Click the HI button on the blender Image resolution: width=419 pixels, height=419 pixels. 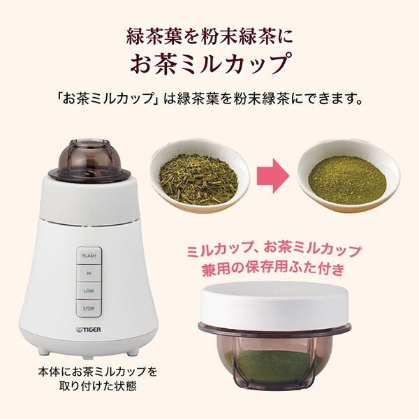click(89, 274)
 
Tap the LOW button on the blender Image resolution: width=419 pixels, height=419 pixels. click(89, 291)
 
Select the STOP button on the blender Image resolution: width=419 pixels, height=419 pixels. click(89, 309)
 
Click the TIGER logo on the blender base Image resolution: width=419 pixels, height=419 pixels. click(89, 330)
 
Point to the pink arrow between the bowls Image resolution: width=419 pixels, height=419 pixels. click(273, 175)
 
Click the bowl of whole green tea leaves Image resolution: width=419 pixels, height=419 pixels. click(200, 175)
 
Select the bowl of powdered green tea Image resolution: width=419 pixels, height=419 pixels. click(348, 177)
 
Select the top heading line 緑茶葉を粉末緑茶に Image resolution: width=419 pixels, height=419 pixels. click(209, 36)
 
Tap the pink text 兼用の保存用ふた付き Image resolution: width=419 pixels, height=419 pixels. click(273, 269)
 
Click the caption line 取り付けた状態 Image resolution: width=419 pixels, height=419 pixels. click(98, 386)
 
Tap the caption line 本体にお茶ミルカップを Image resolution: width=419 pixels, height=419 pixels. click(98, 372)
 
